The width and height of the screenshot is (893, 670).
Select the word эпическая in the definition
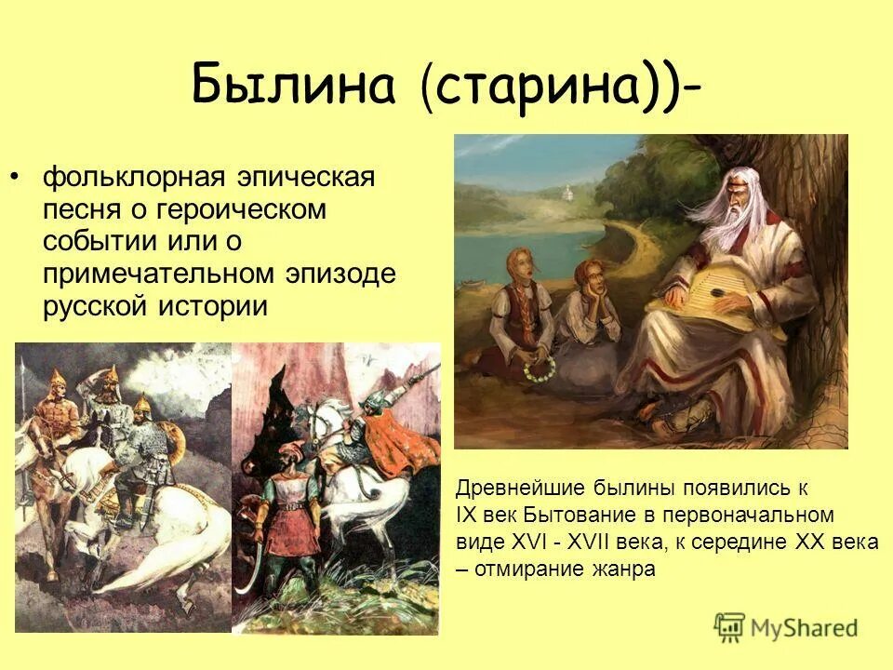click(308, 177)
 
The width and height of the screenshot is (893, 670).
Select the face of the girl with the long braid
click(520, 266)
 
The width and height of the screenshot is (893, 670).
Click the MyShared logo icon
click(730, 626)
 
